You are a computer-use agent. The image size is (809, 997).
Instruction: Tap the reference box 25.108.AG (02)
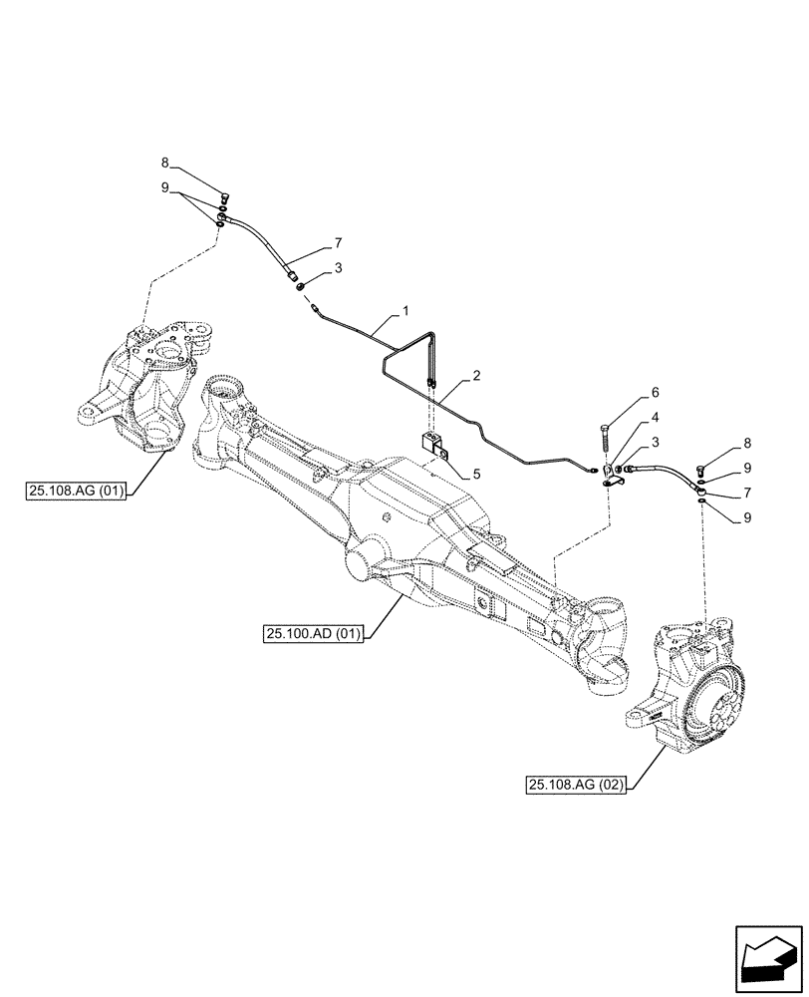pos(573,786)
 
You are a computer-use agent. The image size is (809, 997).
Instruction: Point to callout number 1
pos(405,312)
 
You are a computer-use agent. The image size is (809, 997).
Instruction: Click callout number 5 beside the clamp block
pos(477,475)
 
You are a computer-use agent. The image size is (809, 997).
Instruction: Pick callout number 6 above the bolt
pos(655,393)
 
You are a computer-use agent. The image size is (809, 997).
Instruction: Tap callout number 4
pos(655,418)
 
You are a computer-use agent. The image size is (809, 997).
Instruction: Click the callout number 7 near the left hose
pos(338,242)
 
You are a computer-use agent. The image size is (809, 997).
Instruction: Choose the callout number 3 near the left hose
pos(338,268)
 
